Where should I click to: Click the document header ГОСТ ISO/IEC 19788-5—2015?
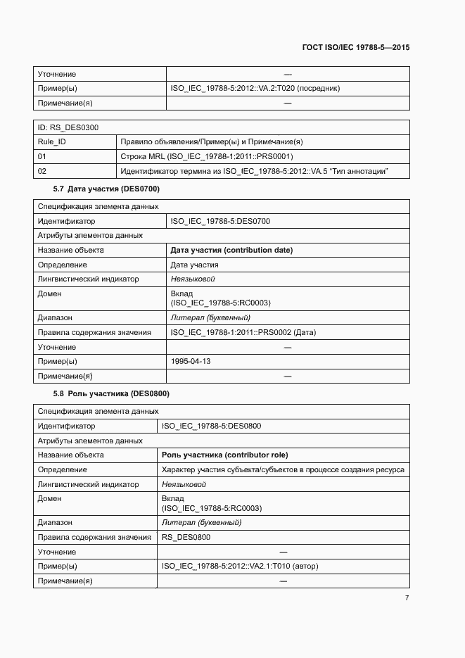(x=355, y=48)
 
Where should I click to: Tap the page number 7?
(x=407, y=597)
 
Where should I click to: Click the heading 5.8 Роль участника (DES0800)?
(x=111, y=393)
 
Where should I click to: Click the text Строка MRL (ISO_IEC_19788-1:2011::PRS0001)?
(x=207, y=156)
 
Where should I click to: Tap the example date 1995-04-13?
(x=191, y=361)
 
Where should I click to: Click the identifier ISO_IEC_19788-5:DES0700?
(x=220, y=221)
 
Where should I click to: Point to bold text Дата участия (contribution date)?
(x=231, y=250)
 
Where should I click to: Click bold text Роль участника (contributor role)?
(x=224, y=455)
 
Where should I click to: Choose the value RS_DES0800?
(x=186, y=537)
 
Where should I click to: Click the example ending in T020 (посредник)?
(x=255, y=89)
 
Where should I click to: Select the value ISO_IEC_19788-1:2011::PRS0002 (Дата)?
(x=243, y=332)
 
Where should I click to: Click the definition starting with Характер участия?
(x=283, y=469)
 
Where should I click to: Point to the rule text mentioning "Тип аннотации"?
(x=254, y=171)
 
